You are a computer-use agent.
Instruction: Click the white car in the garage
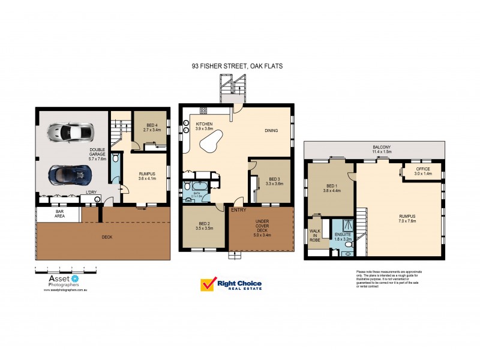[71, 130]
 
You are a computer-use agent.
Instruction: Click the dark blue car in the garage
[70, 175]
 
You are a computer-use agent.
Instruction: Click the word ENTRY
[238, 210]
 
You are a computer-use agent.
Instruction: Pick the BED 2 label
[204, 226]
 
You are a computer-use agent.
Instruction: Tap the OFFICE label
[422, 171]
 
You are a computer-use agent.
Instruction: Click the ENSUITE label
[343, 236]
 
